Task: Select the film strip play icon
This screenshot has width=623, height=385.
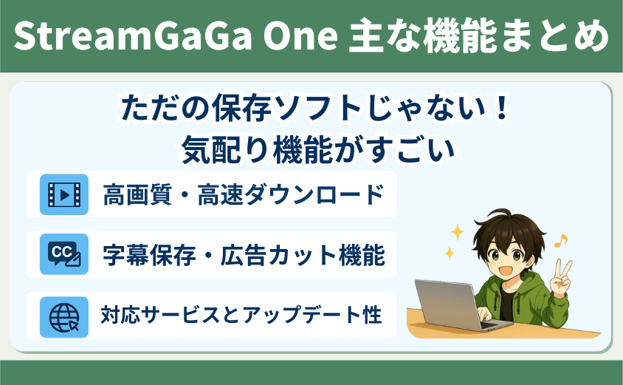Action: (64, 194)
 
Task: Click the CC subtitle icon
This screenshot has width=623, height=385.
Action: (64, 254)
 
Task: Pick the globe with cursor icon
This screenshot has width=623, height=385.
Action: (64, 318)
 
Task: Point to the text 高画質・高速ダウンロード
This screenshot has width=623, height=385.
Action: (244, 194)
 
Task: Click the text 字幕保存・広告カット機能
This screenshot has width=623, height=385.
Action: (244, 254)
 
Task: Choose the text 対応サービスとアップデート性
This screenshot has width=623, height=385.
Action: (241, 315)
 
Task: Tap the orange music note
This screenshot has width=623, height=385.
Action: (560, 240)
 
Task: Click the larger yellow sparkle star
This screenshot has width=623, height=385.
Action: (457, 232)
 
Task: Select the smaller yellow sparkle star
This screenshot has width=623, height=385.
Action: (450, 253)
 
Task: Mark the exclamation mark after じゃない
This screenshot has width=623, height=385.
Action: (502, 107)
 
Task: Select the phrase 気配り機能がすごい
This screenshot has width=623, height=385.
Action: (318, 149)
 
